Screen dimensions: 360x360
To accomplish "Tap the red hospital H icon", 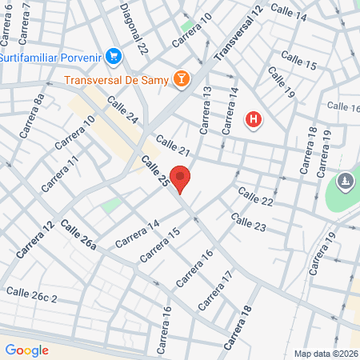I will point(254,121).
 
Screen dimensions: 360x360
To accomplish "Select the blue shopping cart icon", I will point(114,56).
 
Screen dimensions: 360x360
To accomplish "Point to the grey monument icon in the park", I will point(345,182).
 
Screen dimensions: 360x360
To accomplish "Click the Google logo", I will point(26,350).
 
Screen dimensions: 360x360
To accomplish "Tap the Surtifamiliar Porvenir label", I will point(51,57).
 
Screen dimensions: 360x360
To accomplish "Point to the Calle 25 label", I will point(155,172).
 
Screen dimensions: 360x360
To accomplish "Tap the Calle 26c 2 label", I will point(32,296).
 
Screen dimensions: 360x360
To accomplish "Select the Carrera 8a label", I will point(34,117).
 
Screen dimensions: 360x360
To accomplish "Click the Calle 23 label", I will point(248,223).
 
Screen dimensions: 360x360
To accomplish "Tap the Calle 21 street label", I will point(173,146).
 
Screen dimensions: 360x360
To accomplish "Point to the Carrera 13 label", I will point(206,110).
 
